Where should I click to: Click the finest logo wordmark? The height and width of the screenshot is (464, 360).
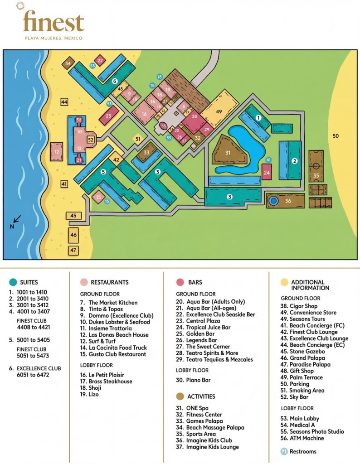tap(54, 22)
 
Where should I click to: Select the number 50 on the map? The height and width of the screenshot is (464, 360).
tap(336, 136)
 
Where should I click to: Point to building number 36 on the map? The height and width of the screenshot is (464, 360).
tap(287, 201)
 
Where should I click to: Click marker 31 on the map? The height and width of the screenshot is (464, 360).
tap(228, 153)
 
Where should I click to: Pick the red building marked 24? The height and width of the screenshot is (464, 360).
tap(267, 172)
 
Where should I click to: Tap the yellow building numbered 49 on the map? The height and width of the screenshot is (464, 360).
tap(219, 111)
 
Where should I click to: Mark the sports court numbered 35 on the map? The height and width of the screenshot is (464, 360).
tap(316, 174)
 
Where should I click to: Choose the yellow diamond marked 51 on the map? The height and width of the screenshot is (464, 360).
tap(138, 139)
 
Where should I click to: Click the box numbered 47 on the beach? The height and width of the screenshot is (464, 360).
tap(73, 250)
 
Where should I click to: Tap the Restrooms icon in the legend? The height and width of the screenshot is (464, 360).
tap(284, 451)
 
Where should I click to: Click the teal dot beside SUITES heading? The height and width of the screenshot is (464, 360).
tap(12, 282)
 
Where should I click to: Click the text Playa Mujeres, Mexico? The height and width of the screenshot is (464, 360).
tap(54, 39)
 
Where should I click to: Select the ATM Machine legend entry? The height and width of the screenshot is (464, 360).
tap(302, 438)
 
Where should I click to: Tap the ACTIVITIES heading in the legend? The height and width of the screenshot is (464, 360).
tap(201, 396)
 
